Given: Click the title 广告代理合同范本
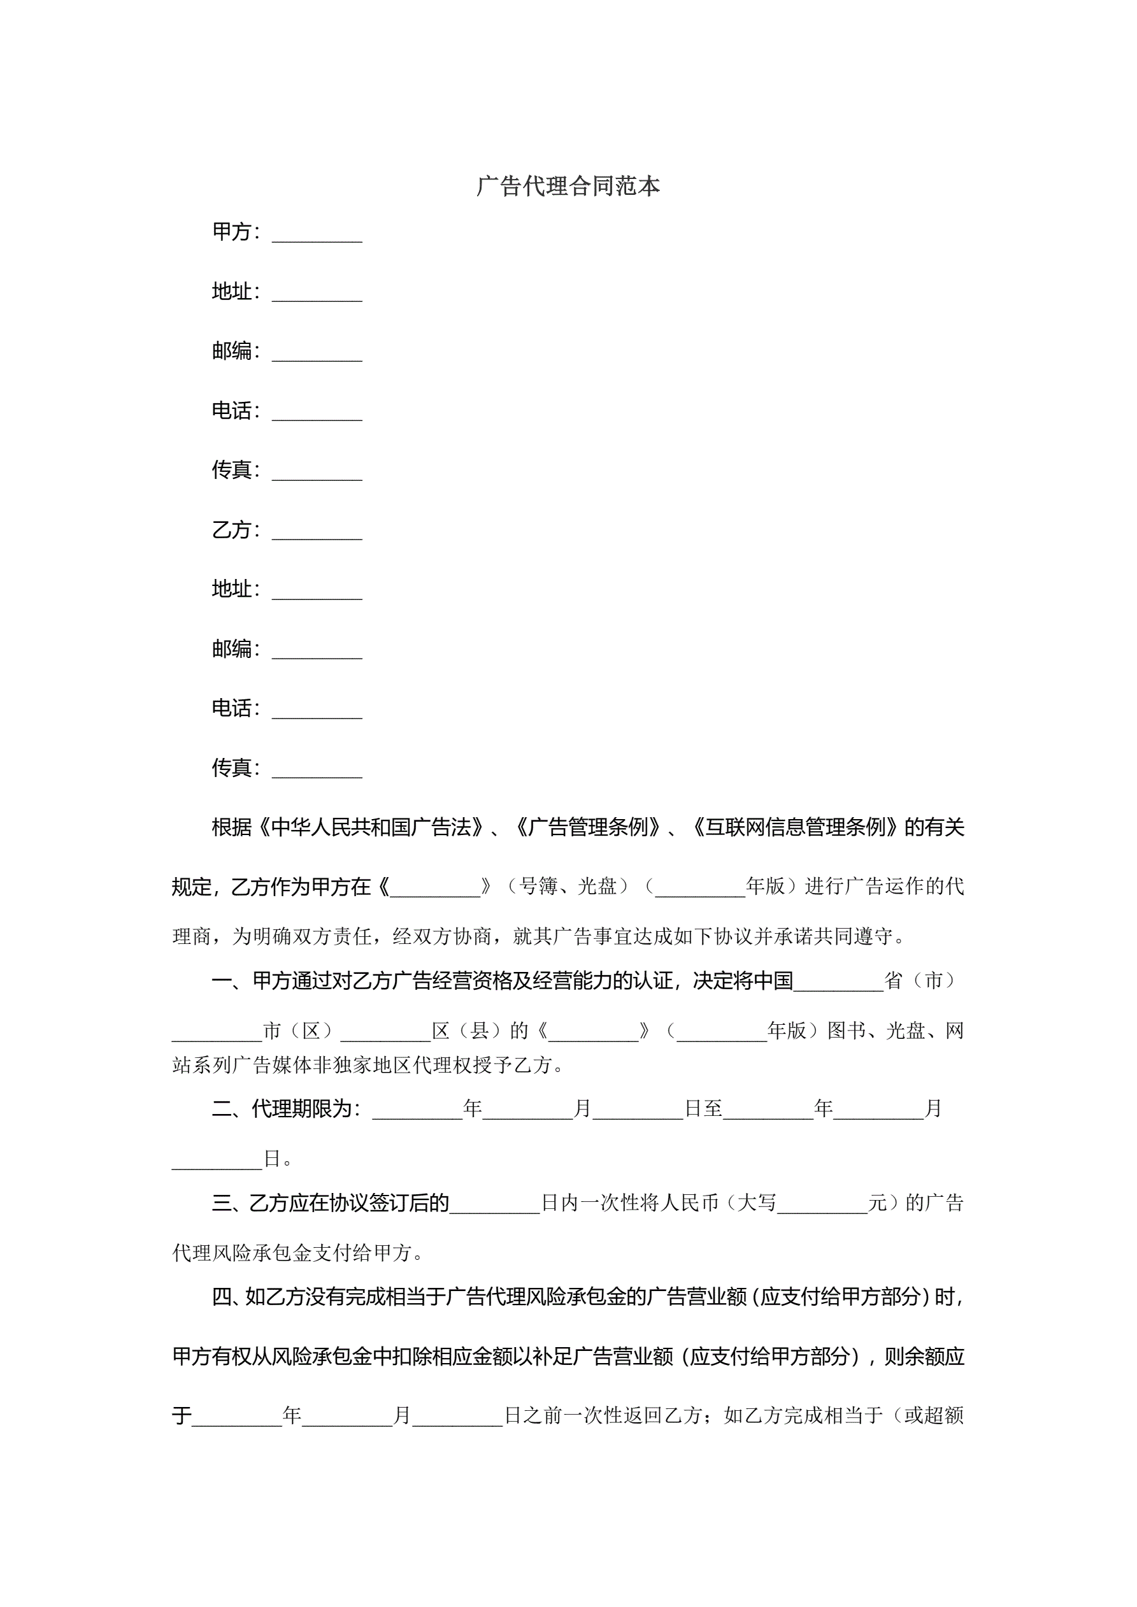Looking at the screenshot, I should [x=568, y=186].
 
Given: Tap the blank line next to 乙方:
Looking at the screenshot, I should [x=317, y=531].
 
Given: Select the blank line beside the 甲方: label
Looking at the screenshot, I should [x=317, y=233].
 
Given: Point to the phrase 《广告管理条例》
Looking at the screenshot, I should [x=589, y=827].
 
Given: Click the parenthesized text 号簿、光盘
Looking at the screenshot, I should [x=567, y=887].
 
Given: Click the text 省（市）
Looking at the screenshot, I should [x=924, y=982].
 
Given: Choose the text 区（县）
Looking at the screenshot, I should [x=470, y=1031].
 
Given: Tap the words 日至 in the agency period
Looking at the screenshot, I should [x=703, y=1109].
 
